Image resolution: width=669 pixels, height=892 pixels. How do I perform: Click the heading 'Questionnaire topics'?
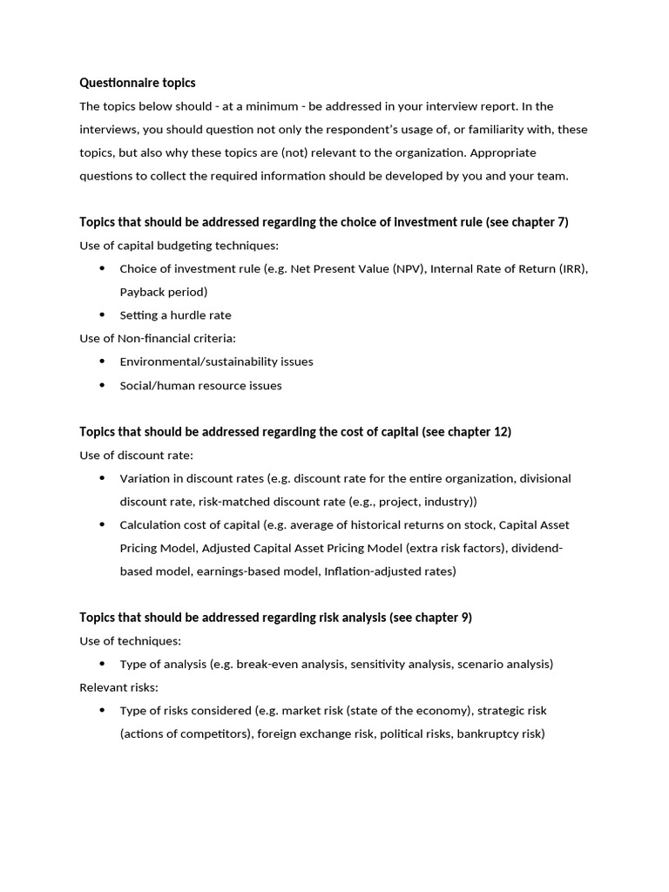pyautogui.click(x=138, y=83)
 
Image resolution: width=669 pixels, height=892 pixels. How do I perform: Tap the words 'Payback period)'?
pyautogui.click(x=164, y=292)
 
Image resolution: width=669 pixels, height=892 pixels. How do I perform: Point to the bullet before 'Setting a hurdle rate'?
pyautogui.click(x=102, y=315)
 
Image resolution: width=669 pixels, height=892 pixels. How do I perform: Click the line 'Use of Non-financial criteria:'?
pyautogui.click(x=158, y=338)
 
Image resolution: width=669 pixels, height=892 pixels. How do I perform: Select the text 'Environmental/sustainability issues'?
pyautogui.click(x=216, y=362)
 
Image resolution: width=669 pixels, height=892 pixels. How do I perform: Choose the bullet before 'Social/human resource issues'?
pyautogui.click(x=102, y=385)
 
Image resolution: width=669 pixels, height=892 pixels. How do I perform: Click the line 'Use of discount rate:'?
pyautogui.click(x=137, y=455)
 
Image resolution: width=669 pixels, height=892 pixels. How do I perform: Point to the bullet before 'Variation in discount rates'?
pyautogui.click(x=102, y=478)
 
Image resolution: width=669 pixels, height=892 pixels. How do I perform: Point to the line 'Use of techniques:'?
pyautogui.click(x=131, y=641)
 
